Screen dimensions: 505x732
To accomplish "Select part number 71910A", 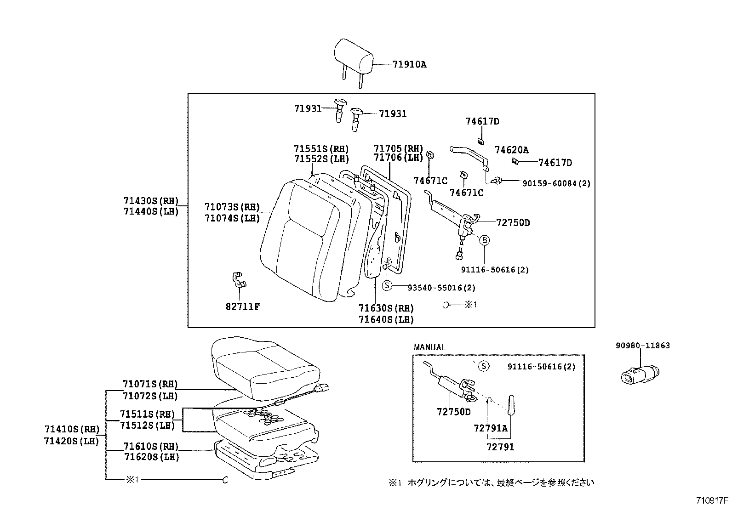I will pyautogui.click(x=409, y=65).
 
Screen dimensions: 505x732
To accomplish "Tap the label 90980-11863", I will pyautogui.click(x=643, y=346).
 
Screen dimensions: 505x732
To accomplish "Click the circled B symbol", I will pyautogui.click(x=485, y=240).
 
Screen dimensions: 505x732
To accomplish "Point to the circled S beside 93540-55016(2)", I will pyautogui.click(x=387, y=285).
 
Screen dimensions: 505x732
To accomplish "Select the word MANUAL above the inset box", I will pyautogui.click(x=429, y=347).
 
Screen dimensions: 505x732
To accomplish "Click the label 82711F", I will pyautogui.click(x=243, y=307).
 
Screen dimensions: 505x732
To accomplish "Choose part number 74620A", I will pyautogui.click(x=511, y=150).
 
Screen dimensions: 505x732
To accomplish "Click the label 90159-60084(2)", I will pyautogui.click(x=556, y=183).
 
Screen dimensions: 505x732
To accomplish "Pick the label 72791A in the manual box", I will pyautogui.click(x=490, y=428).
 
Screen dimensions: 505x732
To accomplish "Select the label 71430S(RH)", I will pyautogui.click(x=150, y=201).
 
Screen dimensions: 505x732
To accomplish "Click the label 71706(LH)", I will pyautogui.click(x=398, y=158).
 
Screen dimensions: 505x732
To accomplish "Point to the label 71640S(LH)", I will pyautogui.click(x=386, y=320).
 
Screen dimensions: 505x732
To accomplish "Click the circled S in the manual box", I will pyautogui.click(x=483, y=366).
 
